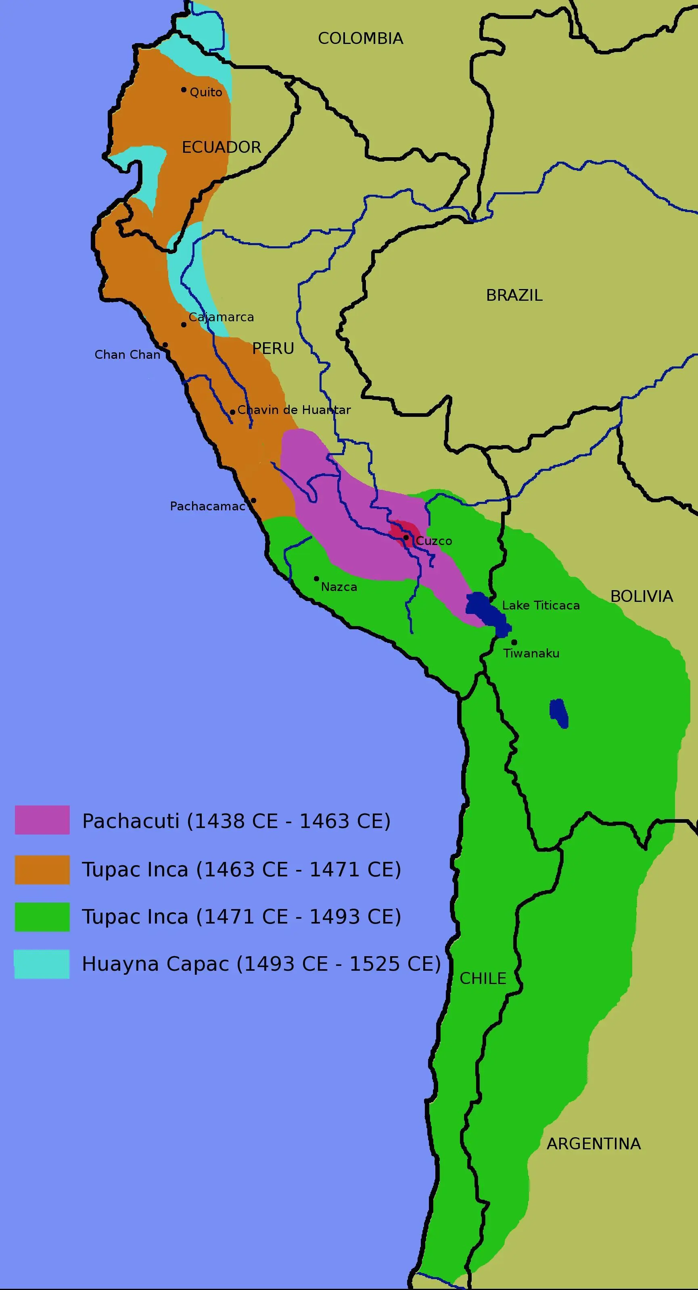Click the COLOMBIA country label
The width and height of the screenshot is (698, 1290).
coord(360,39)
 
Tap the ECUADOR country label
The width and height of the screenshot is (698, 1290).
coord(221,147)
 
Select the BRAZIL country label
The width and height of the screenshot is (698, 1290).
coord(514,295)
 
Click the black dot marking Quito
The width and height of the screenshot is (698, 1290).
coord(184,89)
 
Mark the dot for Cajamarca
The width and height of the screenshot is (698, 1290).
coord(184,325)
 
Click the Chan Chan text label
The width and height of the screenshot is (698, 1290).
coord(127,355)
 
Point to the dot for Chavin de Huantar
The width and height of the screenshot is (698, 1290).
coord(232,412)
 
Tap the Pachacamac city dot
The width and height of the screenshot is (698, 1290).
coord(253,500)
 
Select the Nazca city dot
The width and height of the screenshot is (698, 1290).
coord(316,578)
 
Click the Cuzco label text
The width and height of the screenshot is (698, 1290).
coord(434,541)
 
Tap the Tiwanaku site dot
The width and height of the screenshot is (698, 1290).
coord(514,642)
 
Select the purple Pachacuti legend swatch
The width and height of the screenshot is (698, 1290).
coord(42,820)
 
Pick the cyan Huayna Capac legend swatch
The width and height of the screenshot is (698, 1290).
coord(42,964)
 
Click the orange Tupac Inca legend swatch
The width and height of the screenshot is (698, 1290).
coord(42,870)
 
